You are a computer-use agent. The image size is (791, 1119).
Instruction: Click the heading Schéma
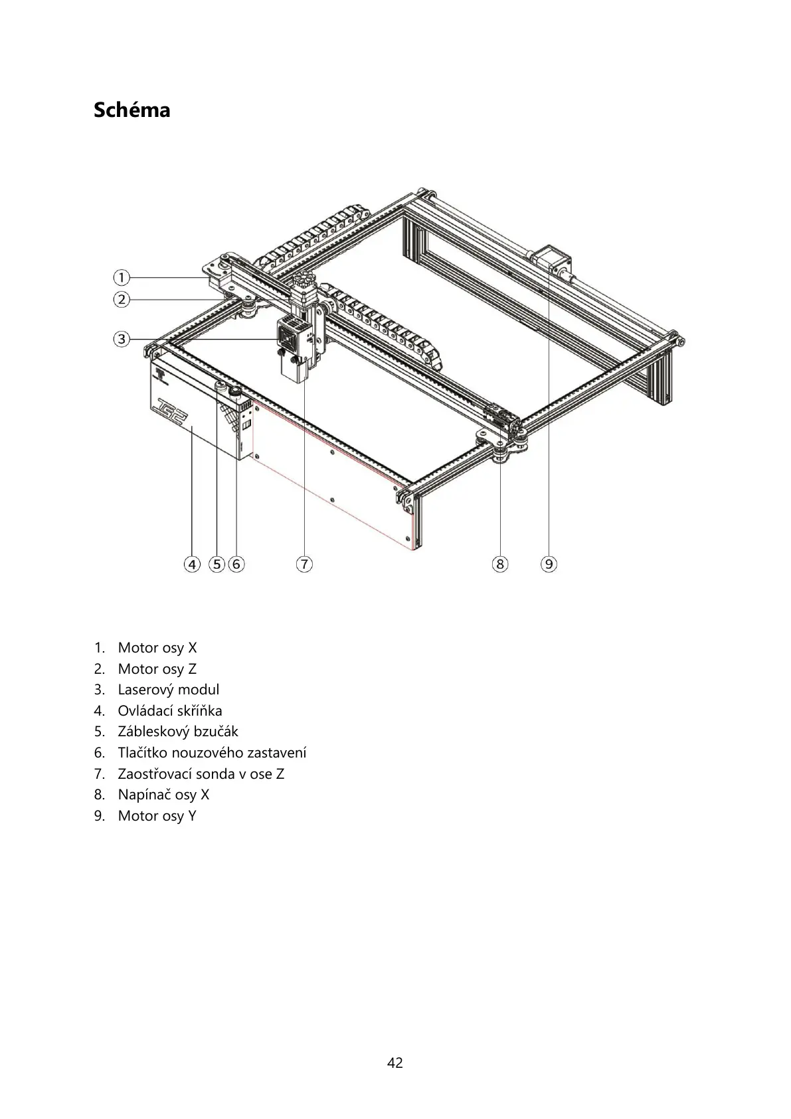[x=132, y=110]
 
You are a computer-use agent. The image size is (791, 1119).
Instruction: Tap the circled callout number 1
[x=121, y=277]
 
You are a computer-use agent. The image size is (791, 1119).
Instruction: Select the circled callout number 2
[x=121, y=300]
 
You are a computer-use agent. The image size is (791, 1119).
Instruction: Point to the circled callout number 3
[x=121, y=339]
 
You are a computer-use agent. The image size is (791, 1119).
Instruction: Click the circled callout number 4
[x=192, y=564]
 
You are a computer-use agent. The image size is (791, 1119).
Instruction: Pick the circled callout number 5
[x=217, y=564]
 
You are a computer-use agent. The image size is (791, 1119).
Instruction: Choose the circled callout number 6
[x=236, y=564]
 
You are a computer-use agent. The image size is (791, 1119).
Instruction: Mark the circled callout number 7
[x=304, y=564]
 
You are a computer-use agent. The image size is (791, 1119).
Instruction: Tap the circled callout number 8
[x=499, y=564]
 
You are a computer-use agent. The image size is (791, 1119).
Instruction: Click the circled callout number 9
[x=549, y=564]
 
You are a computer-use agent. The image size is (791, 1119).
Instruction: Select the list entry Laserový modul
[x=168, y=690]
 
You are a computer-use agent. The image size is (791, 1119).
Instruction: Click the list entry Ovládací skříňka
[x=169, y=710]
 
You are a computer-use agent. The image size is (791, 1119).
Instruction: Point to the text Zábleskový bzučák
[x=177, y=732]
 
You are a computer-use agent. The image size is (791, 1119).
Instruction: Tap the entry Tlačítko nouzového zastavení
[x=212, y=753]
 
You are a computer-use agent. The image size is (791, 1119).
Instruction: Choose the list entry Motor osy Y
[x=157, y=815]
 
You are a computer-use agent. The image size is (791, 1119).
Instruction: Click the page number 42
[x=395, y=1063]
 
